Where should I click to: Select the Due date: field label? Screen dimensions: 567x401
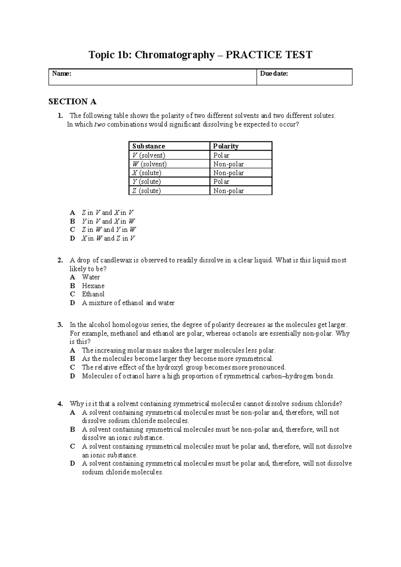click(274, 74)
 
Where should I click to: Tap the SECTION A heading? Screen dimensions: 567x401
click(73, 102)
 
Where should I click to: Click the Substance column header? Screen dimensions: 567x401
click(149, 146)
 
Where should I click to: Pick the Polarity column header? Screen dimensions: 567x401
click(226, 146)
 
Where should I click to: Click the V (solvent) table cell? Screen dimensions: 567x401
click(149, 155)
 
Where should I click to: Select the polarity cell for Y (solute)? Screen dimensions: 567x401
click(222, 182)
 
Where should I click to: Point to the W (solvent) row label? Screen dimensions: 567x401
click(149, 164)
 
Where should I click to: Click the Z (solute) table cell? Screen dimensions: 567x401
click(147, 191)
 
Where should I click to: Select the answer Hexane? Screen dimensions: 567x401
click(93, 286)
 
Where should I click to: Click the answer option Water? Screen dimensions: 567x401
click(91, 277)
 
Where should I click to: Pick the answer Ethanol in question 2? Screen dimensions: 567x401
click(93, 294)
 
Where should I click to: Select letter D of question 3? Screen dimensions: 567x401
click(73, 376)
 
